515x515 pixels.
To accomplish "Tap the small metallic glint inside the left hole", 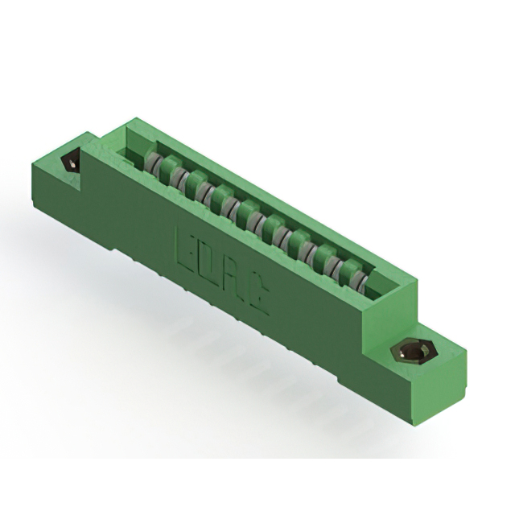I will [73, 165].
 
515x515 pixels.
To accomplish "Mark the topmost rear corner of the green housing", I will [127, 121].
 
